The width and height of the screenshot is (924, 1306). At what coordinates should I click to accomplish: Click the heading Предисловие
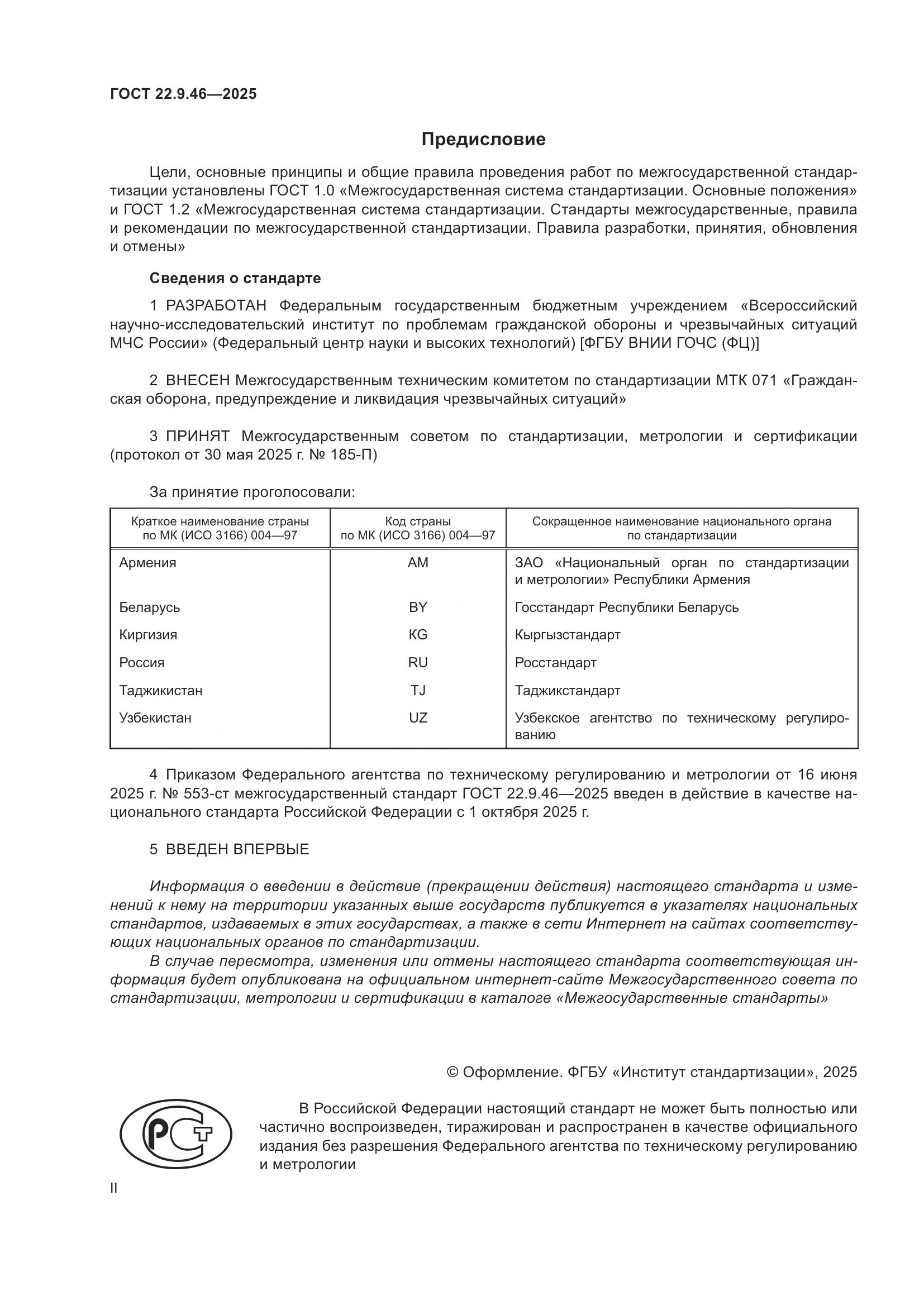pyautogui.click(x=483, y=140)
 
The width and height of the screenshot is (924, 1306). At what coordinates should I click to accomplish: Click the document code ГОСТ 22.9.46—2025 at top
pyautogui.click(x=183, y=94)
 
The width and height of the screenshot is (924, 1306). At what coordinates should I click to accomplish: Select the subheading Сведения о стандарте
pyautogui.click(x=235, y=278)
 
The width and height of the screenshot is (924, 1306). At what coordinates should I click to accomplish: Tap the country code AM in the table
pyautogui.click(x=418, y=563)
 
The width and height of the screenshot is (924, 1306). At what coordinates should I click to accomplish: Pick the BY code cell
pyautogui.click(x=418, y=607)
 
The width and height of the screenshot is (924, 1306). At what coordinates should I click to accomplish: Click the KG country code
pyautogui.click(x=418, y=634)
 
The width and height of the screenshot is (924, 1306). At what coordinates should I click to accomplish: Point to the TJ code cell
pyautogui.click(x=418, y=690)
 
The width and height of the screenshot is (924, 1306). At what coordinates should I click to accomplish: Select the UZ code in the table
pyautogui.click(x=418, y=718)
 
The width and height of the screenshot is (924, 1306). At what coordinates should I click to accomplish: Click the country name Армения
pyautogui.click(x=148, y=563)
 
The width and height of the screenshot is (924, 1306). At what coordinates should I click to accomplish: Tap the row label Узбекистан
pyautogui.click(x=155, y=718)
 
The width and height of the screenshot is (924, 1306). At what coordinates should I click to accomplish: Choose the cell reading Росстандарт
pyautogui.click(x=555, y=663)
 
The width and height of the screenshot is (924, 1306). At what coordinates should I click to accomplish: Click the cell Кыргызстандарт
pyautogui.click(x=567, y=634)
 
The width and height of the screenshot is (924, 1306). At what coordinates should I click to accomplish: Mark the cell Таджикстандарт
pyautogui.click(x=567, y=690)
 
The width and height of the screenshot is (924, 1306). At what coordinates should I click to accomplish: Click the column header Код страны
pyautogui.click(x=418, y=522)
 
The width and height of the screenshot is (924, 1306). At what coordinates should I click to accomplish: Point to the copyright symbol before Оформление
pyautogui.click(x=453, y=1072)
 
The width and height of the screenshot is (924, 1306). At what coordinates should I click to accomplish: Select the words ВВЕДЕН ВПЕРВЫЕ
pyautogui.click(x=237, y=849)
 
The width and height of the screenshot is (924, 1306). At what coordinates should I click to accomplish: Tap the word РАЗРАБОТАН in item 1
pyautogui.click(x=216, y=306)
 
